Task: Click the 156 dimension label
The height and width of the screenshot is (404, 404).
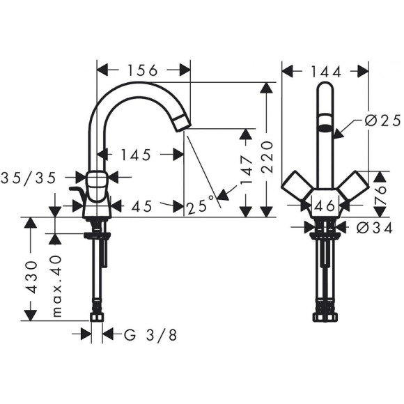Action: click(x=143, y=70)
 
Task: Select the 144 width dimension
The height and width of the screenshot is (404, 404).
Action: click(x=325, y=70)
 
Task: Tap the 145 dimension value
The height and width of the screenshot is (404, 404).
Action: click(x=135, y=155)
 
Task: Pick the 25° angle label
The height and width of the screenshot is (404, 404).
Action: click(x=201, y=205)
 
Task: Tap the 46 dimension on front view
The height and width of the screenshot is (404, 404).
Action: click(x=324, y=206)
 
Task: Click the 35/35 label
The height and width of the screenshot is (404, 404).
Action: click(x=29, y=178)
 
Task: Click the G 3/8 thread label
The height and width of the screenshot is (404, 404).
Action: click(x=150, y=335)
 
